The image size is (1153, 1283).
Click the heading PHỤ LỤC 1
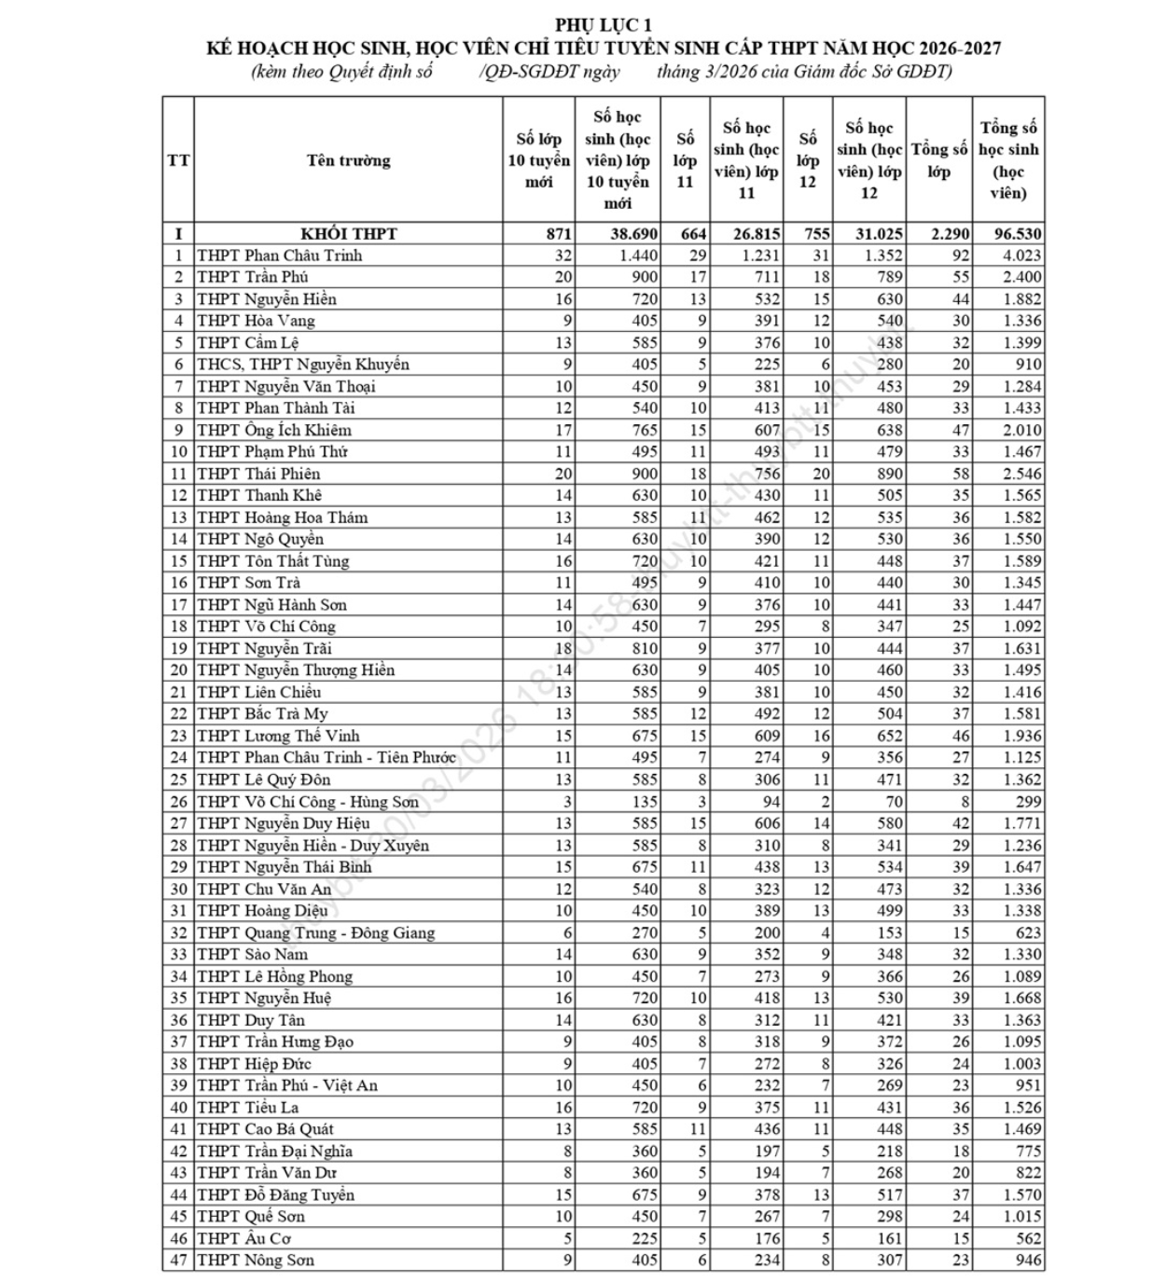click(604, 25)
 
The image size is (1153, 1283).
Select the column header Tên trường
click(348, 160)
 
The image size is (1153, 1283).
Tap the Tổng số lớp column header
click(938, 160)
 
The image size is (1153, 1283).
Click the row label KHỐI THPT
click(348, 234)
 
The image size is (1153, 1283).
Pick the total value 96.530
click(1009, 234)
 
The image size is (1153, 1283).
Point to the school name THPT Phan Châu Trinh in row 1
click(279, 255)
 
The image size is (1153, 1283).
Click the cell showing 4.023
click(1022, 255)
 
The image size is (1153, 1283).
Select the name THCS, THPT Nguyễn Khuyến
click(302, 365)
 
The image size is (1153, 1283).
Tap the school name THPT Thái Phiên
click(258, 474)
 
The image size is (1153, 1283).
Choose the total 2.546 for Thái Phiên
click(1022, 474)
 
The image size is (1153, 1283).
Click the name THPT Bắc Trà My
click(262, 714)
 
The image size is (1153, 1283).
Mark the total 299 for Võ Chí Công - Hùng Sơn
click(1028, 802)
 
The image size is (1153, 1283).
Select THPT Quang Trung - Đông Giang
click(315, 932)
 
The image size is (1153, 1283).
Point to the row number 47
click(178, 1261)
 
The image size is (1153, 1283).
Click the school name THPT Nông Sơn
click(255, 1261)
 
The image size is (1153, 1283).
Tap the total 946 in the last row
click(1028, 1261)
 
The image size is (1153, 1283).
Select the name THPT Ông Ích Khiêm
click(274, 430)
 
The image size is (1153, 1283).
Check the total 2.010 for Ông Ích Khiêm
click(1022, 430)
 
